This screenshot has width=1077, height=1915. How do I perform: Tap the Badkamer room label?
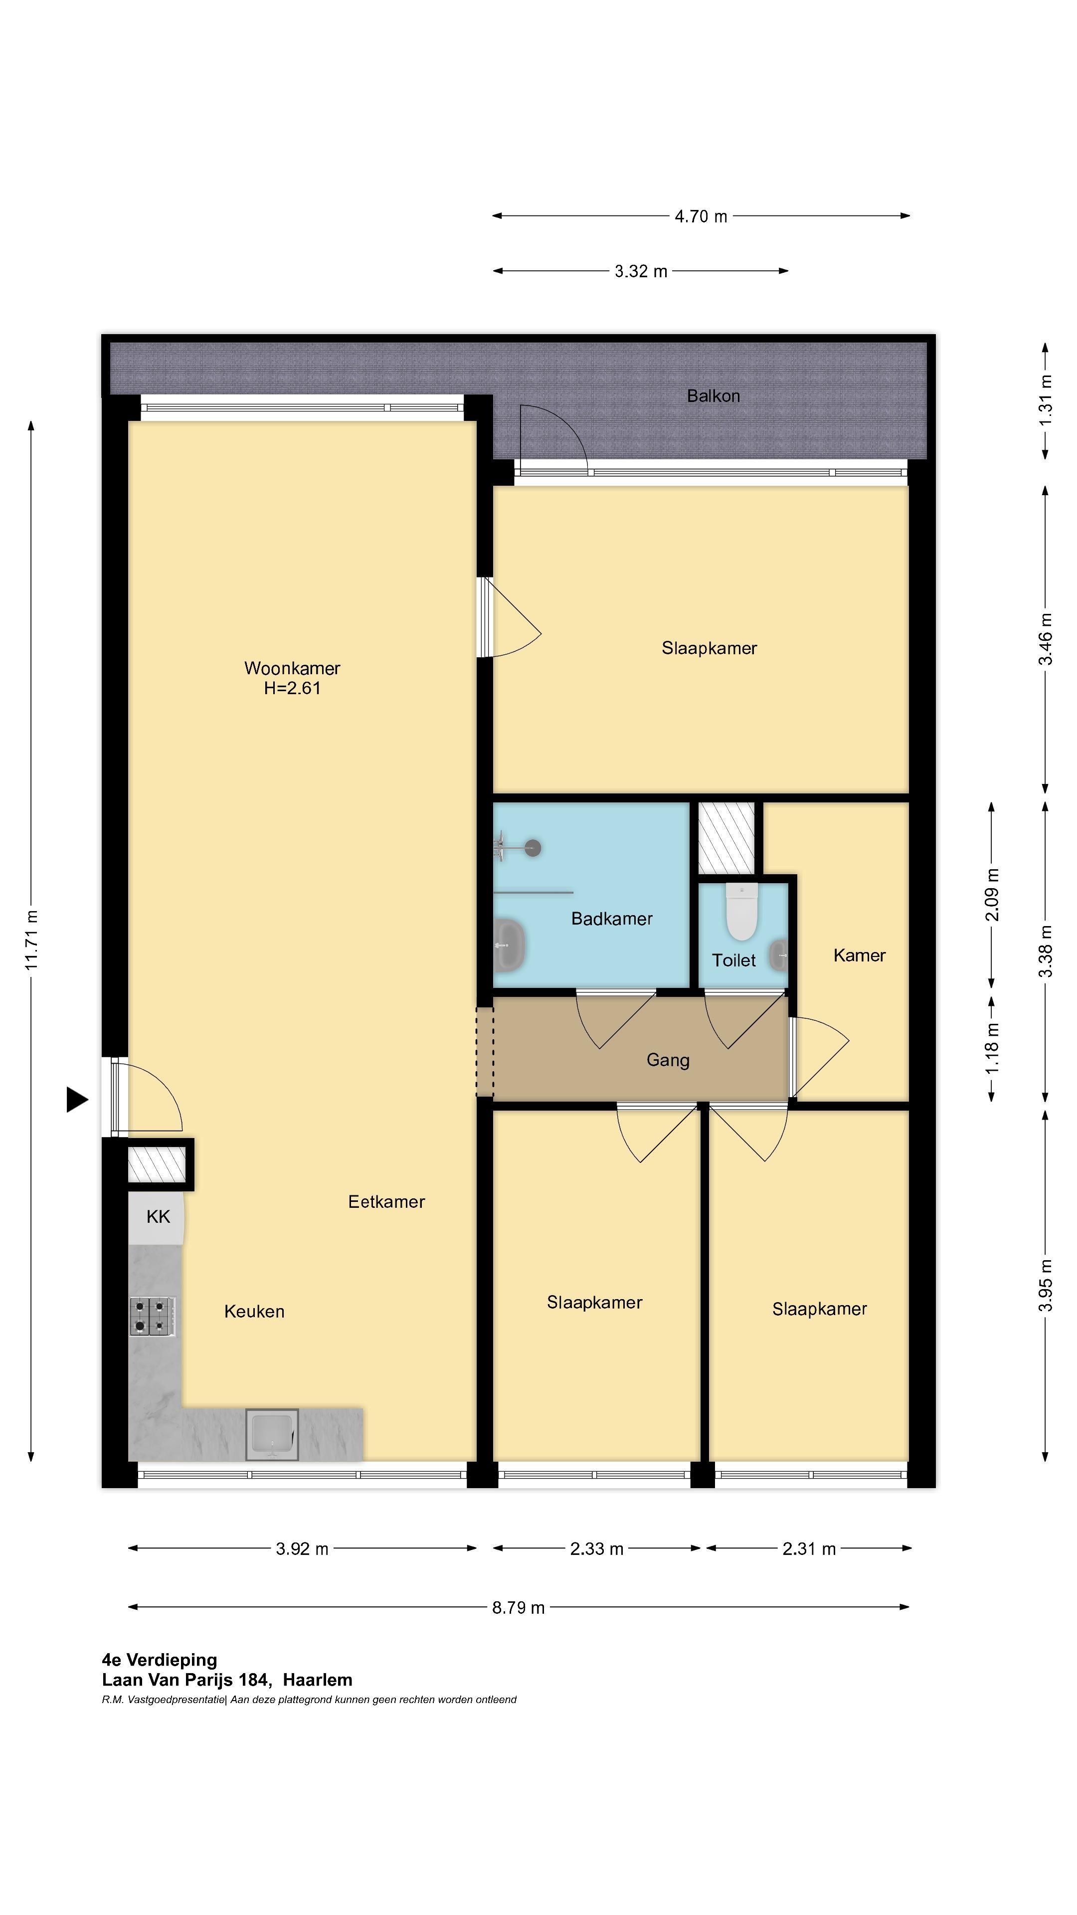(612, 919)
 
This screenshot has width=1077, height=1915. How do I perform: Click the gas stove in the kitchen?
(153, 1316)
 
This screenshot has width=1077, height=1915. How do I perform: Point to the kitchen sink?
(272, 1435)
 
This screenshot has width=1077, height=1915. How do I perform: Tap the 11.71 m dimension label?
(31, 940)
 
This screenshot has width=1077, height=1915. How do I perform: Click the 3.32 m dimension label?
(641, 271)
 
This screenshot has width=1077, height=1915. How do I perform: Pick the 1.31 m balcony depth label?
(1045, 399)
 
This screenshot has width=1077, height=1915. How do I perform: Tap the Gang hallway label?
(668, 1061)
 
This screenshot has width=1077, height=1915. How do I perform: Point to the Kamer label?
(859, 956)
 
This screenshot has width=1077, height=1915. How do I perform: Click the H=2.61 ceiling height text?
(292, 688)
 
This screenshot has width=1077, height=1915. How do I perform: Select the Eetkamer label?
(386, 1202)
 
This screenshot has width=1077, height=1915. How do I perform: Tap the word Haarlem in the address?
(318, 1680)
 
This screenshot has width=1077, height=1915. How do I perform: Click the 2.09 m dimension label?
(992, 894)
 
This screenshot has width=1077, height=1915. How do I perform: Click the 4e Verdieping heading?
(160, 1660)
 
